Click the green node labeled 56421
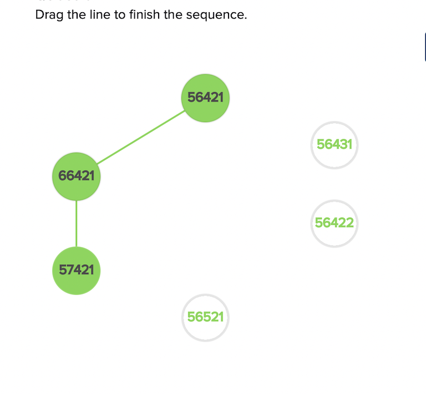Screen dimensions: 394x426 205,98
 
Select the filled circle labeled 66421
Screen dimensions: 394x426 77,176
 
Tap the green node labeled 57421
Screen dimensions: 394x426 77,271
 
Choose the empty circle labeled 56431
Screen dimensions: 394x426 334,145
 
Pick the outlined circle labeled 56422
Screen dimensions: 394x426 334,223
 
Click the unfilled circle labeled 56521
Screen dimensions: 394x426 205,317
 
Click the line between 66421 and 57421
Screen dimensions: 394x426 77,224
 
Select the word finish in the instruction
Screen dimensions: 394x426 144,14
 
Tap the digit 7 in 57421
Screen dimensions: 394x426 70,271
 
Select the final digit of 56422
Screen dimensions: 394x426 349,223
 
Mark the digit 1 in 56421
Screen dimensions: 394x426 221,98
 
